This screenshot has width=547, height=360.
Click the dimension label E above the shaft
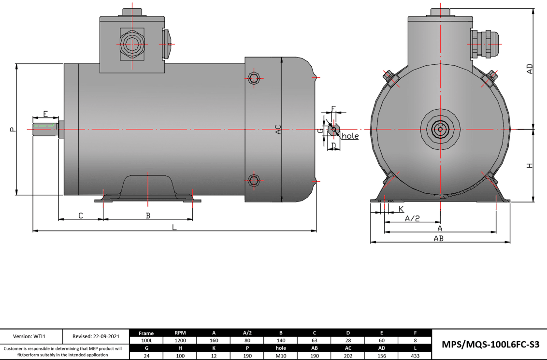(x=45, y=114)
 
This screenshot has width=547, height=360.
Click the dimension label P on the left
(x=13, y=129)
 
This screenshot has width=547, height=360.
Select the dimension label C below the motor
(x=81, y=215)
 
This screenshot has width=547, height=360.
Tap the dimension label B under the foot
(x=148, y=215)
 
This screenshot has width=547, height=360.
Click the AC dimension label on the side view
(x=278, y=130)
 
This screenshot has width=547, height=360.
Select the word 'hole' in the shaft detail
(x=350, y=136)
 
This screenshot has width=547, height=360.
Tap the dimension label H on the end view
(x=530, y=166)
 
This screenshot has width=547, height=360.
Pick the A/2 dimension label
(x=412, y=218)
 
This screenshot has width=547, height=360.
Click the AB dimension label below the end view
(x=438, y=238)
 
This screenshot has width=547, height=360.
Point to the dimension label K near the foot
(x=401, y=208)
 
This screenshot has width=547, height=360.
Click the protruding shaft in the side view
(x=45, y=129)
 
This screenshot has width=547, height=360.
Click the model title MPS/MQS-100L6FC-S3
(x=487, y=344)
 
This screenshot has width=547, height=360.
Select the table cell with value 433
(x=415, y=355)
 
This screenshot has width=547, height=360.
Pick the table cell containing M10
(x=281, y=355)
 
